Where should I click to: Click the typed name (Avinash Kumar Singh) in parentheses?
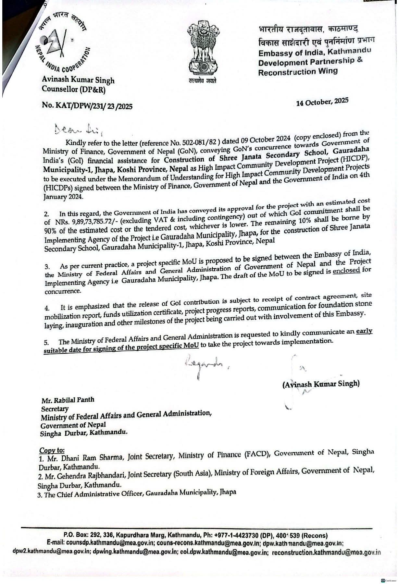321,383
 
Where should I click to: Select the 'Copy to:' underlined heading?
52,451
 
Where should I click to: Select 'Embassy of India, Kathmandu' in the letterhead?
314,52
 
